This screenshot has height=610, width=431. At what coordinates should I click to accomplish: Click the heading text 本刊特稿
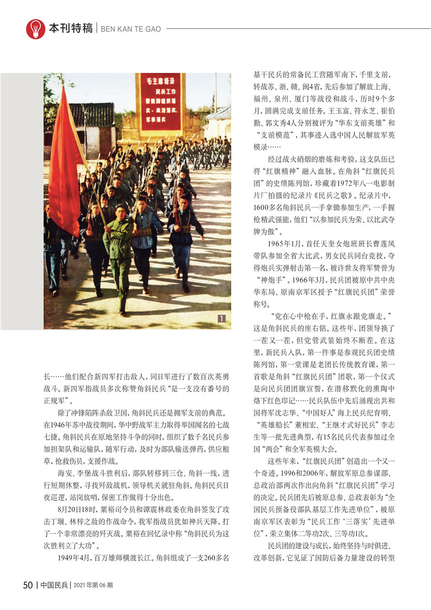click(71, 29)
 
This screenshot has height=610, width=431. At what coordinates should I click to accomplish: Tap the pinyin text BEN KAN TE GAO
click(131, 29)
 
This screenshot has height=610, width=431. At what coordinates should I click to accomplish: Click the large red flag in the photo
click(64, 163)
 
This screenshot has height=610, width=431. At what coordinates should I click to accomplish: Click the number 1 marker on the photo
click(221, 319)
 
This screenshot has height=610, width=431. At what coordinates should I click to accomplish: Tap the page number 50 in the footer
click(28, 585)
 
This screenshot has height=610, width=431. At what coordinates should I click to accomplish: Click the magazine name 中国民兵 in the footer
click(54, 585)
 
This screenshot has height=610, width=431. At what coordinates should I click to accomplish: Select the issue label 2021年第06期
click(92, 586)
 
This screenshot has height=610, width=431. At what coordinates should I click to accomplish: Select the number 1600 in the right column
click(262, 208)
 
